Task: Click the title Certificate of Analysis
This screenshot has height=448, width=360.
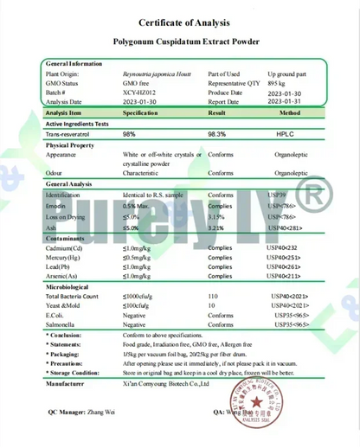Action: (x=180, y=22)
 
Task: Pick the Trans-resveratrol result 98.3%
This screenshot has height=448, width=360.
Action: (x=218, y=134)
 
